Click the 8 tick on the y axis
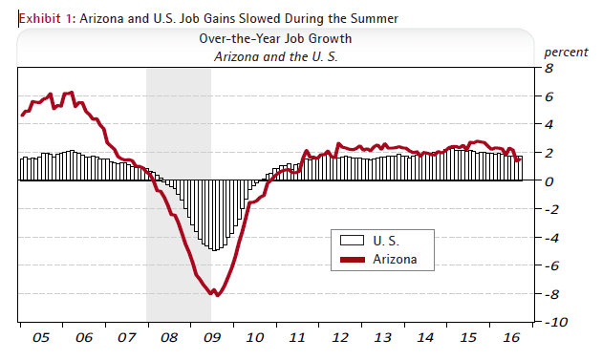(x=550, y=69)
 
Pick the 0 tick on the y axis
(x=550, y=181)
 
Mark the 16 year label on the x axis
(x=510, y=338)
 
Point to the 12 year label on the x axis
(x=339, y=338)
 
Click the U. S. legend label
(x=386, y=239)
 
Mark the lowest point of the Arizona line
(x=217, y=295)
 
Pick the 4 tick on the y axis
(x=550, y=125)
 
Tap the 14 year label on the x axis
(x=425, y=338)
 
